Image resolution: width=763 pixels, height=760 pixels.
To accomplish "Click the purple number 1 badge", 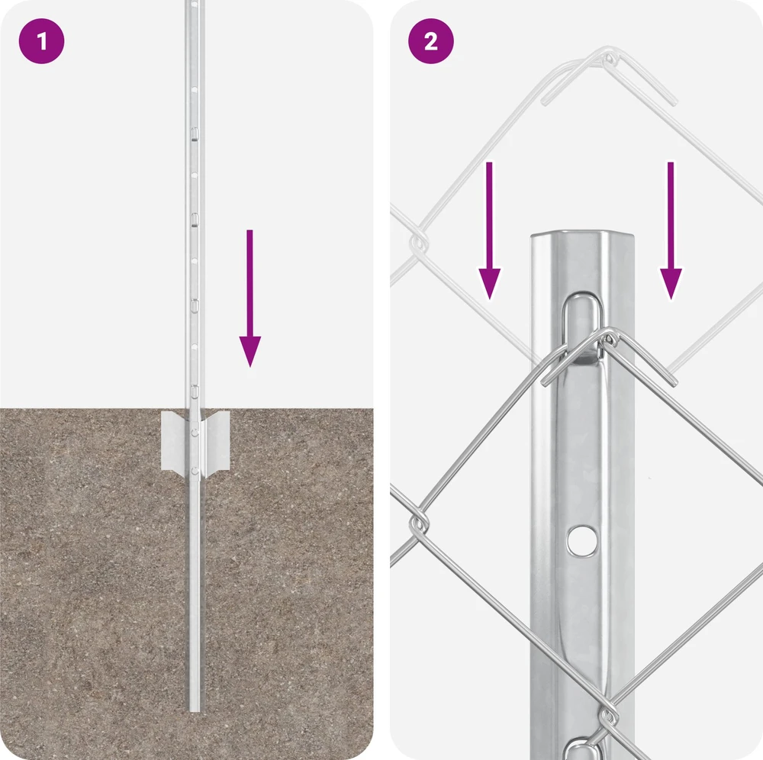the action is [41, 41].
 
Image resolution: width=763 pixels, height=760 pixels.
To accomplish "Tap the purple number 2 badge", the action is [430, 41].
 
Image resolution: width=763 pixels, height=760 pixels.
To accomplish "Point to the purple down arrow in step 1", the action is [250, 298].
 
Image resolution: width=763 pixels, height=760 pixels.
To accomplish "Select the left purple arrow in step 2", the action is [489, 230].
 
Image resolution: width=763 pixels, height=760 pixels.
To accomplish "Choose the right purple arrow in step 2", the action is [671, 230].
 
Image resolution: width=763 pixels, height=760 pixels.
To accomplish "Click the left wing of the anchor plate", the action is [174, 440].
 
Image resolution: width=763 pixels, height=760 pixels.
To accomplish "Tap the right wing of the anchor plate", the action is [216, 440].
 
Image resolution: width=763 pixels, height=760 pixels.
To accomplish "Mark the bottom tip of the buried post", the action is [195, 711].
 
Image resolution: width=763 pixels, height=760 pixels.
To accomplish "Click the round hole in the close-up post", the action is [582, 540].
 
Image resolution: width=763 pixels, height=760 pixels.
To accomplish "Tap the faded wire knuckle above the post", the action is [608, 60].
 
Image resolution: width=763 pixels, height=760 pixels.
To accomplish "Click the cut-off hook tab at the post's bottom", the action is [582, 749].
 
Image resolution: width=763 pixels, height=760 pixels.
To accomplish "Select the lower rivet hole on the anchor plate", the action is [195, 471].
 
